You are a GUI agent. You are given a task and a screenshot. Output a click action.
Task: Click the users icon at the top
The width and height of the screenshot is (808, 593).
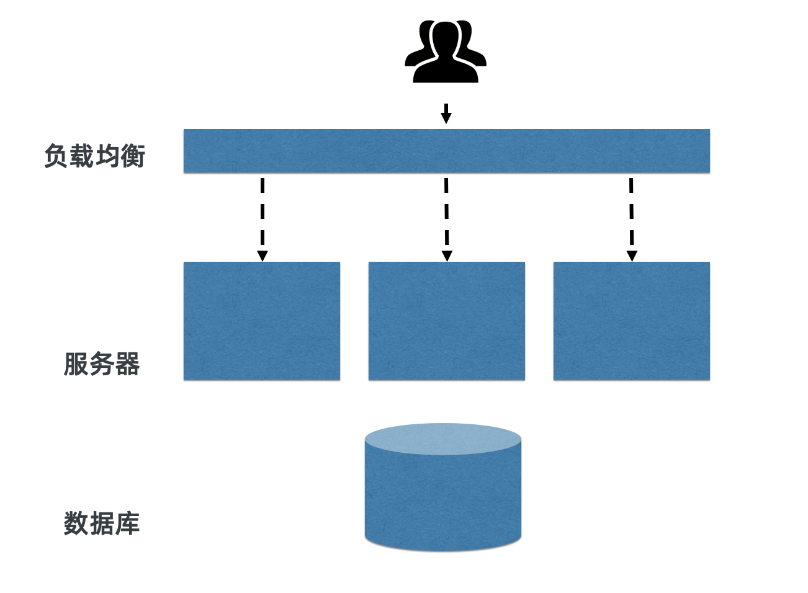(x=445, y=51)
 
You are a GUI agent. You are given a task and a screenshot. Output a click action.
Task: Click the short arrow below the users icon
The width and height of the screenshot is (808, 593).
(x=446, y=114)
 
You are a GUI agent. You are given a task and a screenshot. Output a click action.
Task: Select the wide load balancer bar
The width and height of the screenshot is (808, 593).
(x=446, y=151)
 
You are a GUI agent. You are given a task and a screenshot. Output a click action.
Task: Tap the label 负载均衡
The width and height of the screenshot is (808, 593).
(x=94, y=156)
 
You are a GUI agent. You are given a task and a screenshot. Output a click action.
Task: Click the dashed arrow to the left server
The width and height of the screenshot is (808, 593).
(x=263, y=217)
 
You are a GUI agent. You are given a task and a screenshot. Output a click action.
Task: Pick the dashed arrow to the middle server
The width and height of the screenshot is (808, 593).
(x=446, y=217)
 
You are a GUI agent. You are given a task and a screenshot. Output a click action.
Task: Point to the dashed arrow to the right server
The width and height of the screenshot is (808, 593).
(x=631, y=217)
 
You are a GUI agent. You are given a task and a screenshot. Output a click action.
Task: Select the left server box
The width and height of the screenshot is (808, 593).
(x=261, y=320)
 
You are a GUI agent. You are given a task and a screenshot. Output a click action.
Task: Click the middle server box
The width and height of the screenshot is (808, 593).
(x=446, y=320)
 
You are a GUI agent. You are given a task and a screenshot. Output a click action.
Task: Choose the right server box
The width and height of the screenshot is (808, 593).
(x=631, y=320)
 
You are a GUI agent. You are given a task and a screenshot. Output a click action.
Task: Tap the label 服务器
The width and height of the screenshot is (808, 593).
(x=102, y=364)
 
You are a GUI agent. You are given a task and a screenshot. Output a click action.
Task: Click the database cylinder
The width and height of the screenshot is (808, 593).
(x=442, y=496)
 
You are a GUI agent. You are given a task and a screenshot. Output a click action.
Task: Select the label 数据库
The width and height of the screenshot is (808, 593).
(x=102, y=524)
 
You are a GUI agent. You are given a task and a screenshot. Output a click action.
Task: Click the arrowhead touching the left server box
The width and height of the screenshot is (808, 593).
(x=263, y=256)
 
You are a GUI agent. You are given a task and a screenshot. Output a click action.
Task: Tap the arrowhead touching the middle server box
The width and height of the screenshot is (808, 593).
(x=447, y=256)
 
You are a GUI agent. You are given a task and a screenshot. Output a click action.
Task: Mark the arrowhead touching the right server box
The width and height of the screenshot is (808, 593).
(x=632, y=256)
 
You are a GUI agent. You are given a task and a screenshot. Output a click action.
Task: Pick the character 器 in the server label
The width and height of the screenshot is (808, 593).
(x=127, y=364)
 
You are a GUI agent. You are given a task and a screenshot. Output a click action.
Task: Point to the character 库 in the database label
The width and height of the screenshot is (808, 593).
(x=127, y=524)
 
